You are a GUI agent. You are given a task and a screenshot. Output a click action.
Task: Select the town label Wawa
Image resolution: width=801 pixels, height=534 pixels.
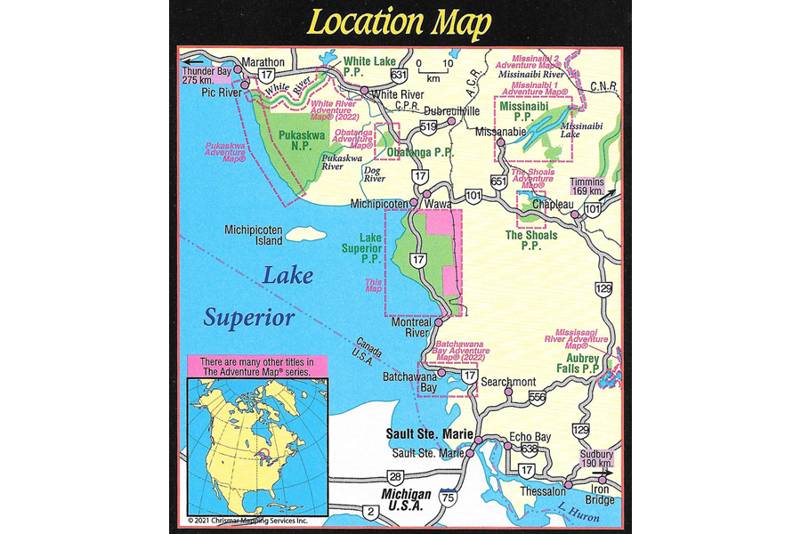click(437, 205)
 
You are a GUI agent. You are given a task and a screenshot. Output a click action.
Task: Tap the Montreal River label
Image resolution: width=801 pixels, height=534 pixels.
click(412, 328)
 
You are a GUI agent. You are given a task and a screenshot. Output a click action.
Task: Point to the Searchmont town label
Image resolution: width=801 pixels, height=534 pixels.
click(508, 382)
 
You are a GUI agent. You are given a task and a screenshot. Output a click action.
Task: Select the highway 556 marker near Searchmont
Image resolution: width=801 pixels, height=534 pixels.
click(537, 396)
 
